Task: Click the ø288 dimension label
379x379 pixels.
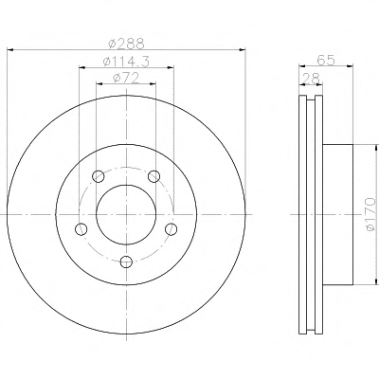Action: coord(126,44)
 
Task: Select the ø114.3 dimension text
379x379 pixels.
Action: coord(126,62)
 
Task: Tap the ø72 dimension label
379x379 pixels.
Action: coord(126,78)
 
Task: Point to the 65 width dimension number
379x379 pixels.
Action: coord(326,60)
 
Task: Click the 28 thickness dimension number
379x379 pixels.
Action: coord(311,79)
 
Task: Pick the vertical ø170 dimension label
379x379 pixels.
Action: coord(370,214)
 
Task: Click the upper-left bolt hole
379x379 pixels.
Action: coord(99,176)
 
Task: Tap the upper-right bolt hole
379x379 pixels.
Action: coord(154,176)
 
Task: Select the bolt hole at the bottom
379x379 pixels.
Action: coord(126,262)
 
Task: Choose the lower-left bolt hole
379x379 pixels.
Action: coord(81,228)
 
